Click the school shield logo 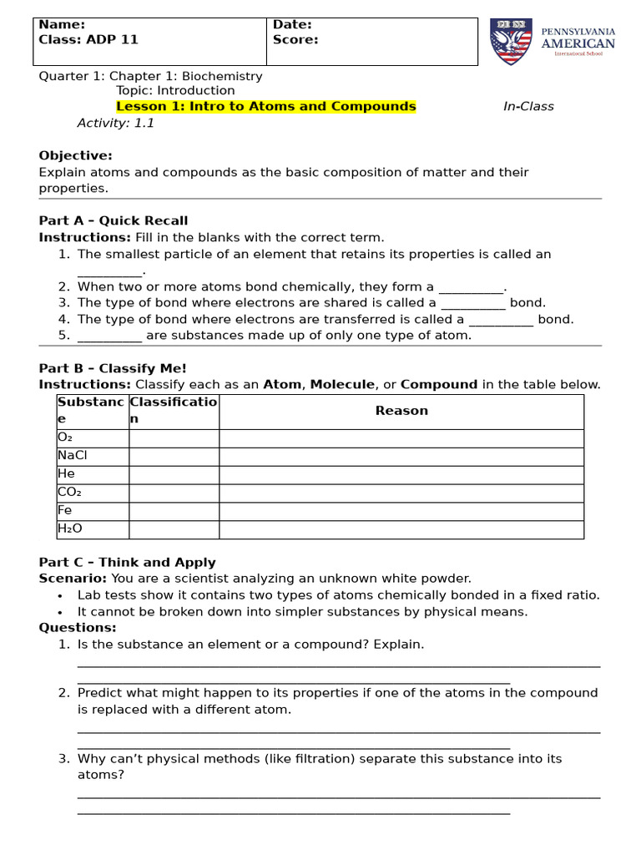(x=510, y=42)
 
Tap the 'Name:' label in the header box (x=62, y=25)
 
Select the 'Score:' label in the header (x=295, y=39)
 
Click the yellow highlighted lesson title (x=265, y=106)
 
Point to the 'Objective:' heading (x=75, y=155)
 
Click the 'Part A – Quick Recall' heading (x=114, y=220)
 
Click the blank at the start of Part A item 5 (x=109, y=336)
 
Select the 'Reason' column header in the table (x=401, y=411)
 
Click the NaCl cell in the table (x=73, y=456)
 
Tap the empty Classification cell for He (x=174, y=474)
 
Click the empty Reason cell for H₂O (x=401, y=529)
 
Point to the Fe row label (x=65, y=510)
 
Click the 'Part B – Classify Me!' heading (x=113, y=368)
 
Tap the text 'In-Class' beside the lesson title (x=527, y=106)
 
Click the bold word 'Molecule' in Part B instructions (x=342, y=385)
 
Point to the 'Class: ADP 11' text (x=88, y=39)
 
